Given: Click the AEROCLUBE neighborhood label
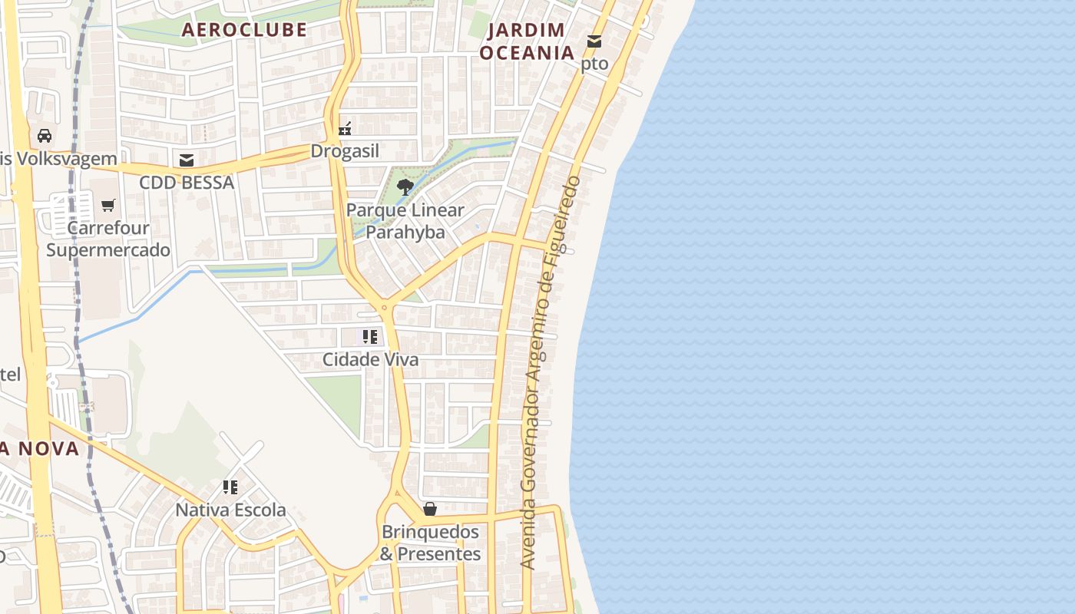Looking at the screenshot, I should [244, 30].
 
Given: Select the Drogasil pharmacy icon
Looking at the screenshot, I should [346, 129].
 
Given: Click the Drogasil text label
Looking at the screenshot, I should [345, 151].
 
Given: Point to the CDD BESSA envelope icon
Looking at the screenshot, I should [186, 160].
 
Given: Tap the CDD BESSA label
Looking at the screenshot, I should [186, 183].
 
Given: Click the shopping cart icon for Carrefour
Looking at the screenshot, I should [108, 205].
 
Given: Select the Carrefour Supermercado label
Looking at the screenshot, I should [108, 239].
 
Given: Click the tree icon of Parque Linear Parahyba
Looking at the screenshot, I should [405, 187].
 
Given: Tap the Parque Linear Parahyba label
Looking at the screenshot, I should [405, 220].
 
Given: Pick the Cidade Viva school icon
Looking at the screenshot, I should [370, 337].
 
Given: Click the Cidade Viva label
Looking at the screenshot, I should [370, 359].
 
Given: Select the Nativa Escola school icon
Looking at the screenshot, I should [230, 487].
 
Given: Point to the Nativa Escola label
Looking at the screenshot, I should [230, 510].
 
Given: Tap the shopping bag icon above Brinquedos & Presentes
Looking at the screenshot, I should [430, 509].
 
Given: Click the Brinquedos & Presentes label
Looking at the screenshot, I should [430, 543].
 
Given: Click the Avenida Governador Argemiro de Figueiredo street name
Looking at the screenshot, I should [550, 372].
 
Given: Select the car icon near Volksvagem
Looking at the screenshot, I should [45, 136].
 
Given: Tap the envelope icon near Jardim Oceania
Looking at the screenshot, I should [594, 41].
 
